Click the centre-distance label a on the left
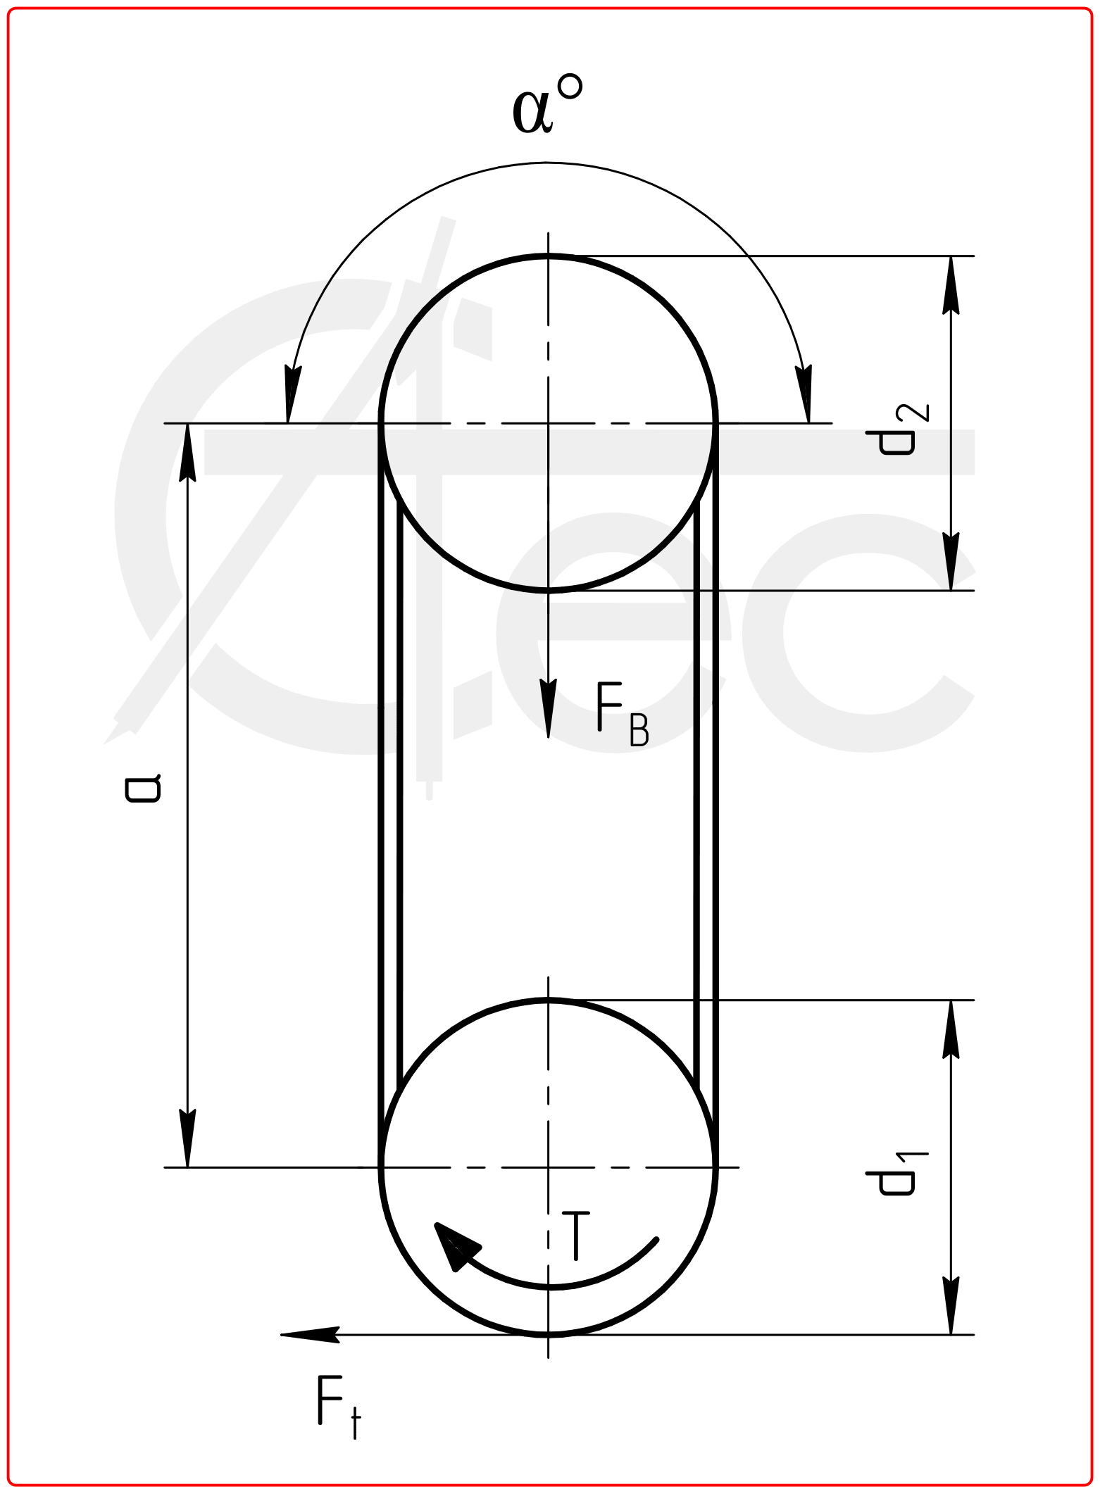click(143, 789)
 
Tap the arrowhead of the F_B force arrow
click(548, 711)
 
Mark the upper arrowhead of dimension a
click(187, 451)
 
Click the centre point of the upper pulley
click(548, 423)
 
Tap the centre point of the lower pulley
click(548, 1167)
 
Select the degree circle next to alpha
click(570, 87)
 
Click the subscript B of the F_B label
click(639, 732)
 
